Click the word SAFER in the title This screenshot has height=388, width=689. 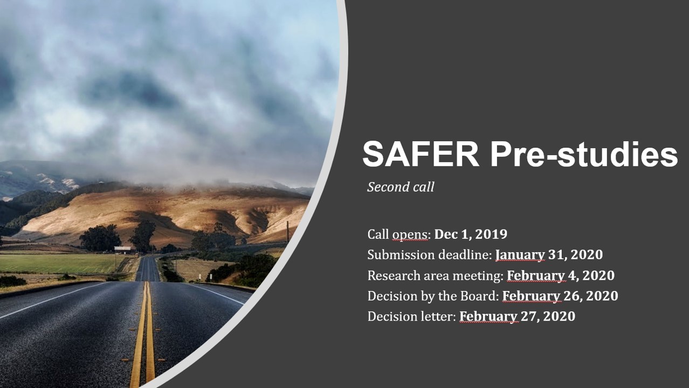pos(421,154)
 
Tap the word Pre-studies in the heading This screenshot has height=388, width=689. pos(584,154)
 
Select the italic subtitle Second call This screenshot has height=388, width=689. pos(401,187)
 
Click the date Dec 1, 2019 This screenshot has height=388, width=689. pos(471,234)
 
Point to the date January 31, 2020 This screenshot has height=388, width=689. pos(549,255)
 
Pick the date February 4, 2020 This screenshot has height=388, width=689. pos(561,275)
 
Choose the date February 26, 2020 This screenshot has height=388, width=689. pos(560,296)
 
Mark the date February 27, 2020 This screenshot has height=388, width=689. pos(517,317)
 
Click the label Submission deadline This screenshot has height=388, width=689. pos(430,255)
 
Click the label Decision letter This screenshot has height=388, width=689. pos(411,317)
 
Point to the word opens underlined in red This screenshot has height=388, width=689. pos(410,235)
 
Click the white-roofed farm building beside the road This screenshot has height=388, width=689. pos(122,250)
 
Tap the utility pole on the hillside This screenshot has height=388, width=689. pos(287,232)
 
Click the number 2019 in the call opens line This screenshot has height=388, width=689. pos(491,234)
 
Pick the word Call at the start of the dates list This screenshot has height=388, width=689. pos(378,234)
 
